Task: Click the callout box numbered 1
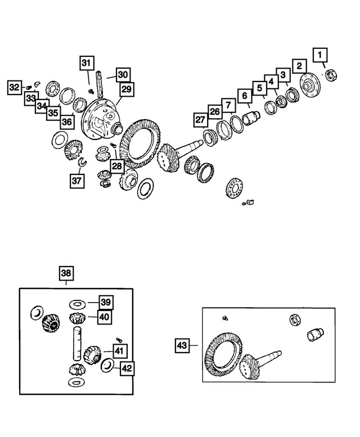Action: pyautogui.click(x=320, y=55)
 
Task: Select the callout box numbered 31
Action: pyautogui.click(x=87, y=63)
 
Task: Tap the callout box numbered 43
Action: pyautogui.click(x=182, y=345)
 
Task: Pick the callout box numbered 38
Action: pyautogui.click(x=66, y=273)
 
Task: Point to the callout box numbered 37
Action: pyautogui.click(x=77, y=181)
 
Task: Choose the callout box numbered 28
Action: pyautogui.click(x=117, y=166)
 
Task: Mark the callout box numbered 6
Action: pyautogui.click(x=245, y=96)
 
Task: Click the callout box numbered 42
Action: pyautogui.click(x=127, y=368)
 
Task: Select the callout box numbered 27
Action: pyautogui.click(x=200, y=120)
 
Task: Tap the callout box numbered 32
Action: pyautogui.click(x=15, y=88)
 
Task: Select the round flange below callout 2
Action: pyautogui.click(x=310, y=85)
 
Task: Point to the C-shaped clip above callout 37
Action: pyautogui.click(x=82, y=162)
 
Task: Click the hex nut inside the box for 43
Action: pyautogui.click(x=295, y=319)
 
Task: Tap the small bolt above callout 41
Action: pyautogui.click(x=119, y=340)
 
